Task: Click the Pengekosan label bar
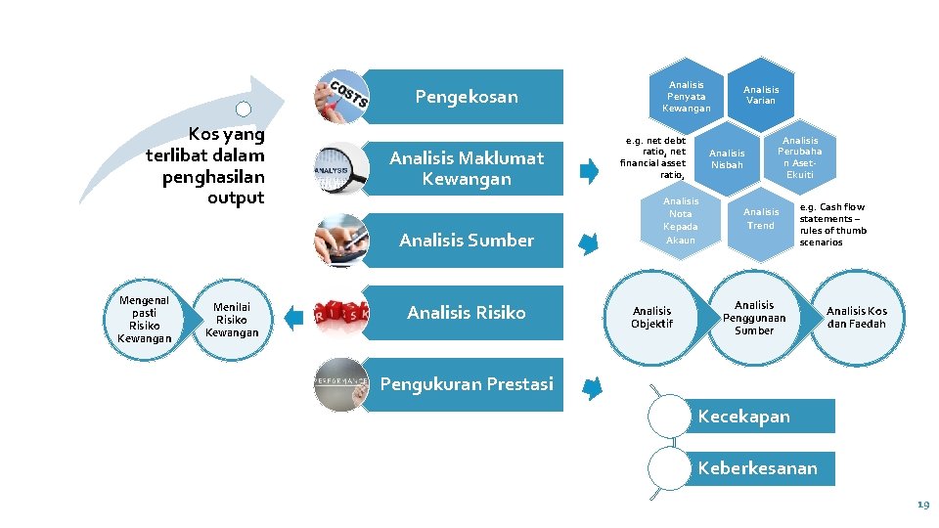pos(467,97)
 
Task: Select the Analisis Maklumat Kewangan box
pos(467,168)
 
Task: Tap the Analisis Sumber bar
pos(467,241)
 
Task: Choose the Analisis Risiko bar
pos(467,313)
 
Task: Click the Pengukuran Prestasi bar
pos(467,384)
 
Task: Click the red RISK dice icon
pos(341,313)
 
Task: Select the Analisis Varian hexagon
pos(760,95)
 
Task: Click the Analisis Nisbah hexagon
pos(727,158)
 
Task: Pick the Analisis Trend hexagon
pos(760,219)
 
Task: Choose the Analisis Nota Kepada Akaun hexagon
pos(681,220)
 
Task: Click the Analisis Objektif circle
pos(652,318)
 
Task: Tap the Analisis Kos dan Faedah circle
pos(857,318)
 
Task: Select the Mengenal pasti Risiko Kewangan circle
pos(144,319)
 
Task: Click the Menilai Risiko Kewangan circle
pos(232,319)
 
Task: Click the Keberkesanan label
pos(757,468)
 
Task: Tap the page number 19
pos(922,505)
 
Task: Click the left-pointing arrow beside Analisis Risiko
pos(293,316)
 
